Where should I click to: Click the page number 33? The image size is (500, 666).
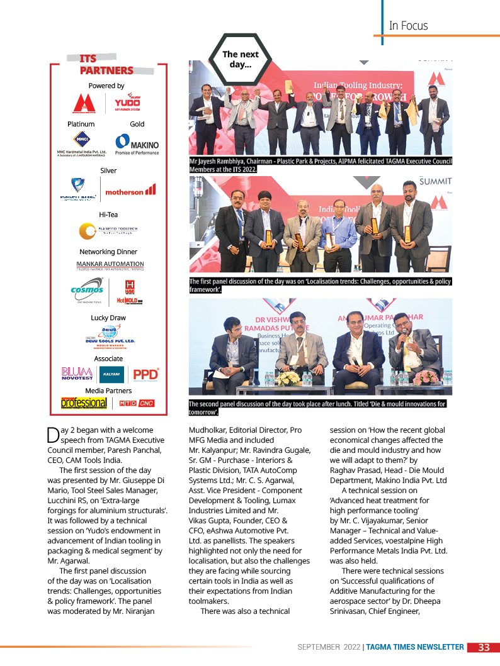pos(484,648)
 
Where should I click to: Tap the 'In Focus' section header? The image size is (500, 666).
pos(408,26)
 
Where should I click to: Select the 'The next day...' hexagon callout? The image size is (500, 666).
pos(241,60)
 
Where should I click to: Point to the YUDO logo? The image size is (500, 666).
pos(127,102)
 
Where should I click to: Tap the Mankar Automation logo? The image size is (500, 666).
pos(110,266)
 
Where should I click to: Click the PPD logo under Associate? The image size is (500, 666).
pos(145,375)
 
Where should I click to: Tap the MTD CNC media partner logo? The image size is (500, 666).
pos(137,403)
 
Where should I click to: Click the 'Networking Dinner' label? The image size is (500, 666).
pos(108,252)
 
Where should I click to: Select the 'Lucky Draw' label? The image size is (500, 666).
pos(108,318)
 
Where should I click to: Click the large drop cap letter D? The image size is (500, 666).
pos(53,435)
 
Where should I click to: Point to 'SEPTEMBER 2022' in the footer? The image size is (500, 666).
pos(329,648)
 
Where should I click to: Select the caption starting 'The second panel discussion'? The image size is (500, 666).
pos(317,408)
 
